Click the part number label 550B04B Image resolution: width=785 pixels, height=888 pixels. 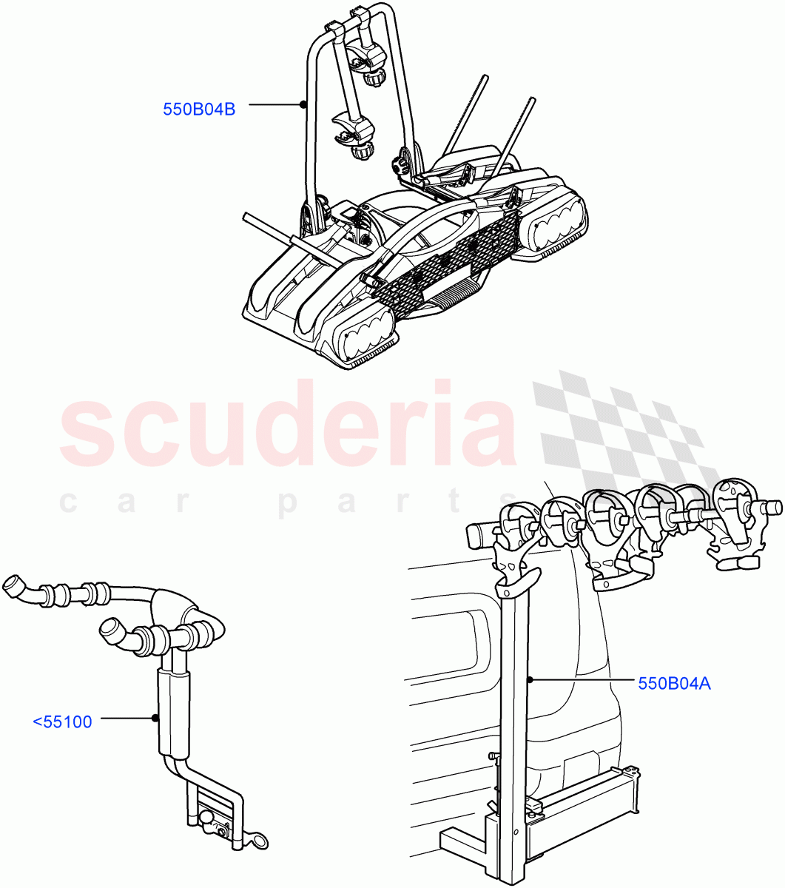tap(199, 110)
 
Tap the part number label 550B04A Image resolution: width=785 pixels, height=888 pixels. tap(674, 683)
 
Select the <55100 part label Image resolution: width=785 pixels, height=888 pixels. tap(63, 721)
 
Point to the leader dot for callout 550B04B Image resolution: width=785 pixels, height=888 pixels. tap(303, 104)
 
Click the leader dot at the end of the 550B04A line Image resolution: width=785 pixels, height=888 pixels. tap(530, 679)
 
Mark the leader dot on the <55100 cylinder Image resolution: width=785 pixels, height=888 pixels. tap(154, 717)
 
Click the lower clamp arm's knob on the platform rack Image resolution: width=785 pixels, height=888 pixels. tap(362, 152)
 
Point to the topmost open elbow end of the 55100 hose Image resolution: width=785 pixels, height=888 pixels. tap(14, 587)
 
